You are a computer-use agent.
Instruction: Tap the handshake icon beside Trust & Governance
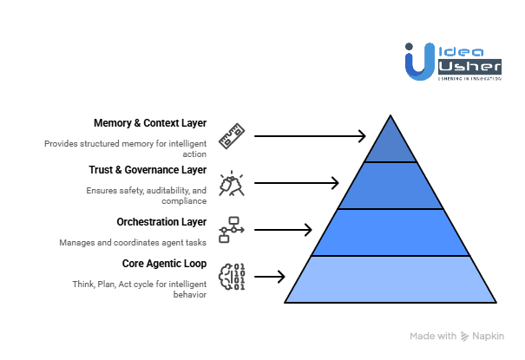[232, 183]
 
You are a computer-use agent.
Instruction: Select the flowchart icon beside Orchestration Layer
[232, 230]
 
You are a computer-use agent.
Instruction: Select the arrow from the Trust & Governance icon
[296, 182]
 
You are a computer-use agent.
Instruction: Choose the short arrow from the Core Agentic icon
[270, 278]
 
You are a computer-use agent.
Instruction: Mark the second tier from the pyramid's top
[390, 186]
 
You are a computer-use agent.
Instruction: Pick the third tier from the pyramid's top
[390, 232]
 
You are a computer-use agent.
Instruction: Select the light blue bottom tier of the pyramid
[390, 279]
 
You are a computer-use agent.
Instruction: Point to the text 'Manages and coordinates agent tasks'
[133, 242]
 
